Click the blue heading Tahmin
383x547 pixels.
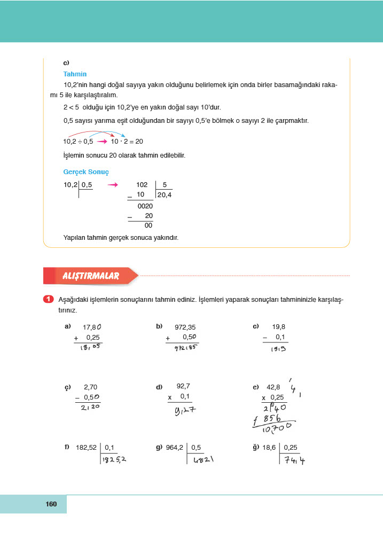pyautogui.click(x=75, y=74)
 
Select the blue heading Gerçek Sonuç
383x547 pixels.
pyautogui.click(x=85, y=172)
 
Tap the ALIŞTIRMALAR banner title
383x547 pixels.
pyautogui.click(x=91, y=276)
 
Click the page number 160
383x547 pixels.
pyautogui.click(x=51, y=504)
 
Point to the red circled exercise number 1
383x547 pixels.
pyautogui.click(x=48, y=300)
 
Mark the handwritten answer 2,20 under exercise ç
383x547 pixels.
pyautogui.click(x=88, y=407)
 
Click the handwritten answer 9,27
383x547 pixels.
pyautogui.click(x=185, y=410)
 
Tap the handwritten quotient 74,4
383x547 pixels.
pyautogui.click(x=295, y=459)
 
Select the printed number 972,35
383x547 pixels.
pyautogui.click(x=185, y=327)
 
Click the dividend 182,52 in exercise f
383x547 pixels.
pyautogui.click(x=87, y=447)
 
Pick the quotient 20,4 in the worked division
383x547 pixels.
pyautogui.click(x=164, y=196)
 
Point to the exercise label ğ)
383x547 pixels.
pyautogui.click(x=256, y=447)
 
